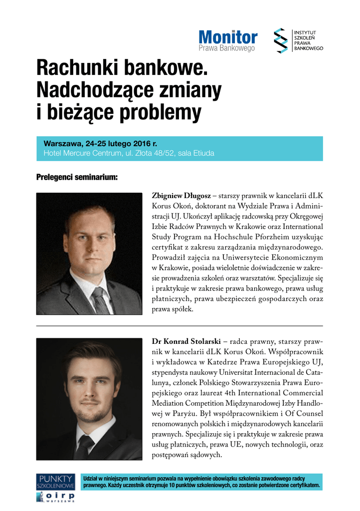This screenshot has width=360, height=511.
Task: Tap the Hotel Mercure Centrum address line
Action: tap(129, 153)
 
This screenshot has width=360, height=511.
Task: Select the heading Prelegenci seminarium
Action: tap(77, 177)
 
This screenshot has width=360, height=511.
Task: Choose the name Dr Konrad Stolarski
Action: tap(187, 341)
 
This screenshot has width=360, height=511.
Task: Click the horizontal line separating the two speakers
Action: tap(180, 326)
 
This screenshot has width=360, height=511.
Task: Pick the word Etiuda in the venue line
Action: tap(204, 153)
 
